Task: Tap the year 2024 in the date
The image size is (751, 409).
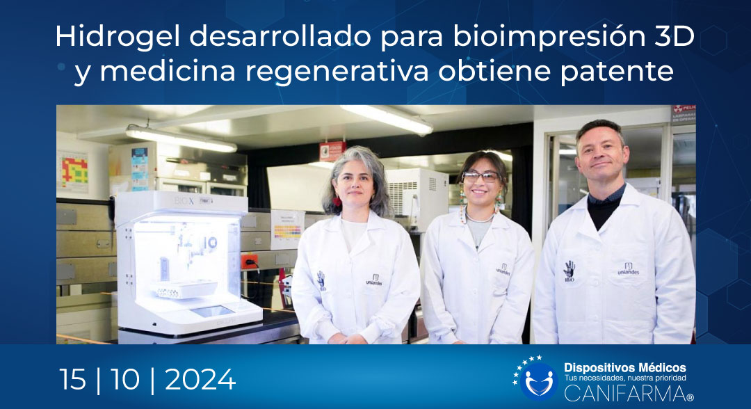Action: [200, 380]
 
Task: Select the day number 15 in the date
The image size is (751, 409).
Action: [73, 380]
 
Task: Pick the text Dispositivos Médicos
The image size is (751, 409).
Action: [624, 367]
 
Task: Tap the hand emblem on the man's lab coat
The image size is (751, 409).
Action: [569, 269]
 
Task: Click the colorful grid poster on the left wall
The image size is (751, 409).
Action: [74, 170]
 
